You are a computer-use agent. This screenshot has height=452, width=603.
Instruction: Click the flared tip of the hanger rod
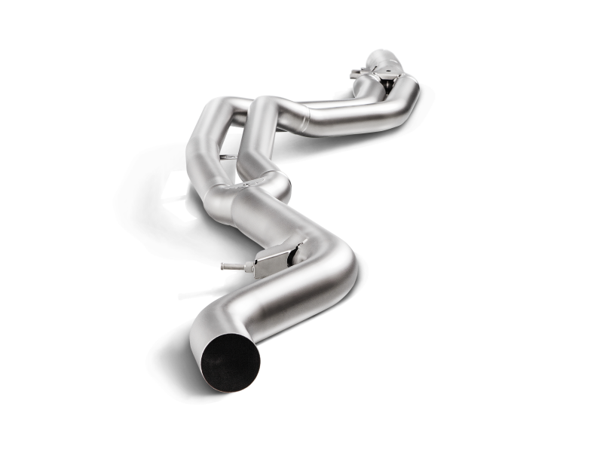tap(225, 265)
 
